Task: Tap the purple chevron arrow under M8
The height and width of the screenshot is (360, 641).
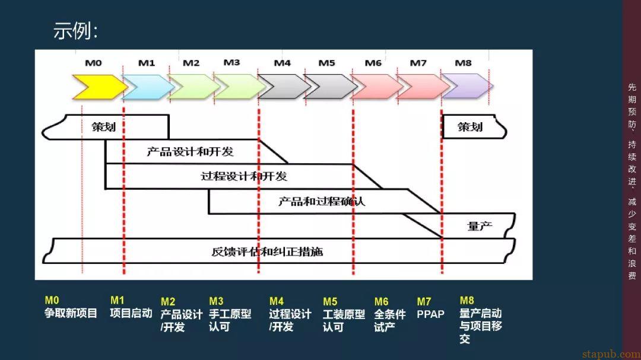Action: pos(467,86)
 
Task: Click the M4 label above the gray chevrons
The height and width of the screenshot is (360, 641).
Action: pos(282,63)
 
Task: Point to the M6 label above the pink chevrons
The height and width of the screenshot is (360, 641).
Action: pos(373,63)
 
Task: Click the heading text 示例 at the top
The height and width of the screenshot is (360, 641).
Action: pos(75,31)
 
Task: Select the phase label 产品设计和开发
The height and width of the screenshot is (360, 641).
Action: pos(190,152)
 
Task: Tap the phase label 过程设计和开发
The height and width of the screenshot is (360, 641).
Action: pos(244,176)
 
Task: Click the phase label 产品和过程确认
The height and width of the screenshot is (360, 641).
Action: pos(322,201)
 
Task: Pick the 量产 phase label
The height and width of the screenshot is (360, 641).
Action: pos(480,225)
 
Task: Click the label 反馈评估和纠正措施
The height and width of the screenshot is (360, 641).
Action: pos(267,251)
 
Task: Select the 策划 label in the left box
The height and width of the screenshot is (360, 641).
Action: pos(103,127)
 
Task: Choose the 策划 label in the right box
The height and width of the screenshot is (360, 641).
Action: pos(470,127)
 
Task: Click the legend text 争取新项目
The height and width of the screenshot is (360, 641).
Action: pos(71,313)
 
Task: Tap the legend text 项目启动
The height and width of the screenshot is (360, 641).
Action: pos(131,313)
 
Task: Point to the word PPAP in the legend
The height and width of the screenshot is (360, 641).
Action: pos(430,314)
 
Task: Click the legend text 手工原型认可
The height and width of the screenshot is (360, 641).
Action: pos(230,320)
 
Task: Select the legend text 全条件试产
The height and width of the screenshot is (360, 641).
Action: pos(390,320)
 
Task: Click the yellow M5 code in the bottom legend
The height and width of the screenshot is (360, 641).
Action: pos(330,301)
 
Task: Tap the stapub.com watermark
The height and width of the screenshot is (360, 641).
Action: pos(611,354)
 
